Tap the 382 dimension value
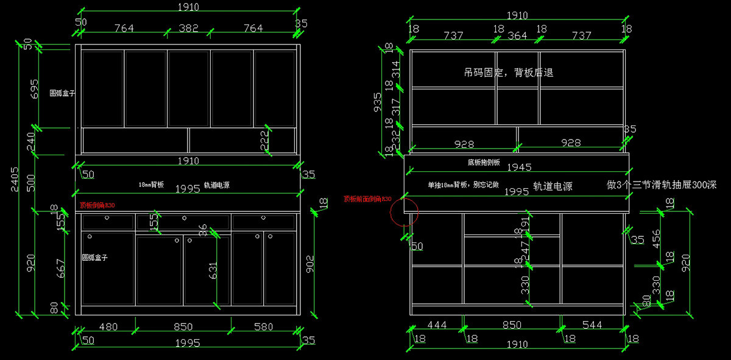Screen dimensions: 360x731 pos(188,28)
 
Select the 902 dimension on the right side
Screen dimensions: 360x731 pos(309,263)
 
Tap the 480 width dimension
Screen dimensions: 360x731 pos(108,327)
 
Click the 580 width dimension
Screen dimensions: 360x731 pos(263,327)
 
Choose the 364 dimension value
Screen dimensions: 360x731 pos(517,36)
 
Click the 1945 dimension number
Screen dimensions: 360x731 pos(519,167)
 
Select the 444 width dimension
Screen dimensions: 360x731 pos(436,325)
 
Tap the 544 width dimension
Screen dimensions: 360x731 pos(592,325)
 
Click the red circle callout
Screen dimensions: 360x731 pos(403,211)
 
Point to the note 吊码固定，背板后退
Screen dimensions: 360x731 pos(508,72)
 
